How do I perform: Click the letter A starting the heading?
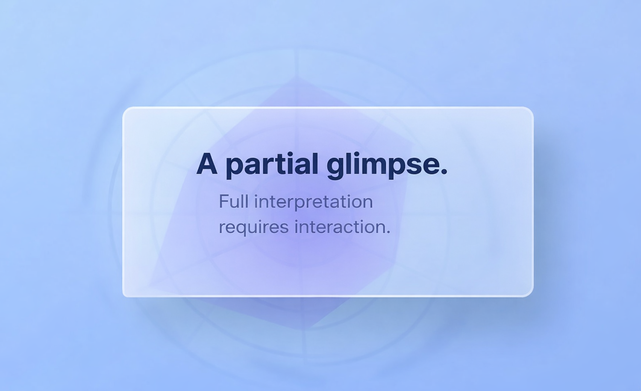coord(207,164)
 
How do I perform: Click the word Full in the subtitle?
coord(233,201)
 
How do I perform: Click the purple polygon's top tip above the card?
coord(297,77)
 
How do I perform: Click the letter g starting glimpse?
coord(336,167)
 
